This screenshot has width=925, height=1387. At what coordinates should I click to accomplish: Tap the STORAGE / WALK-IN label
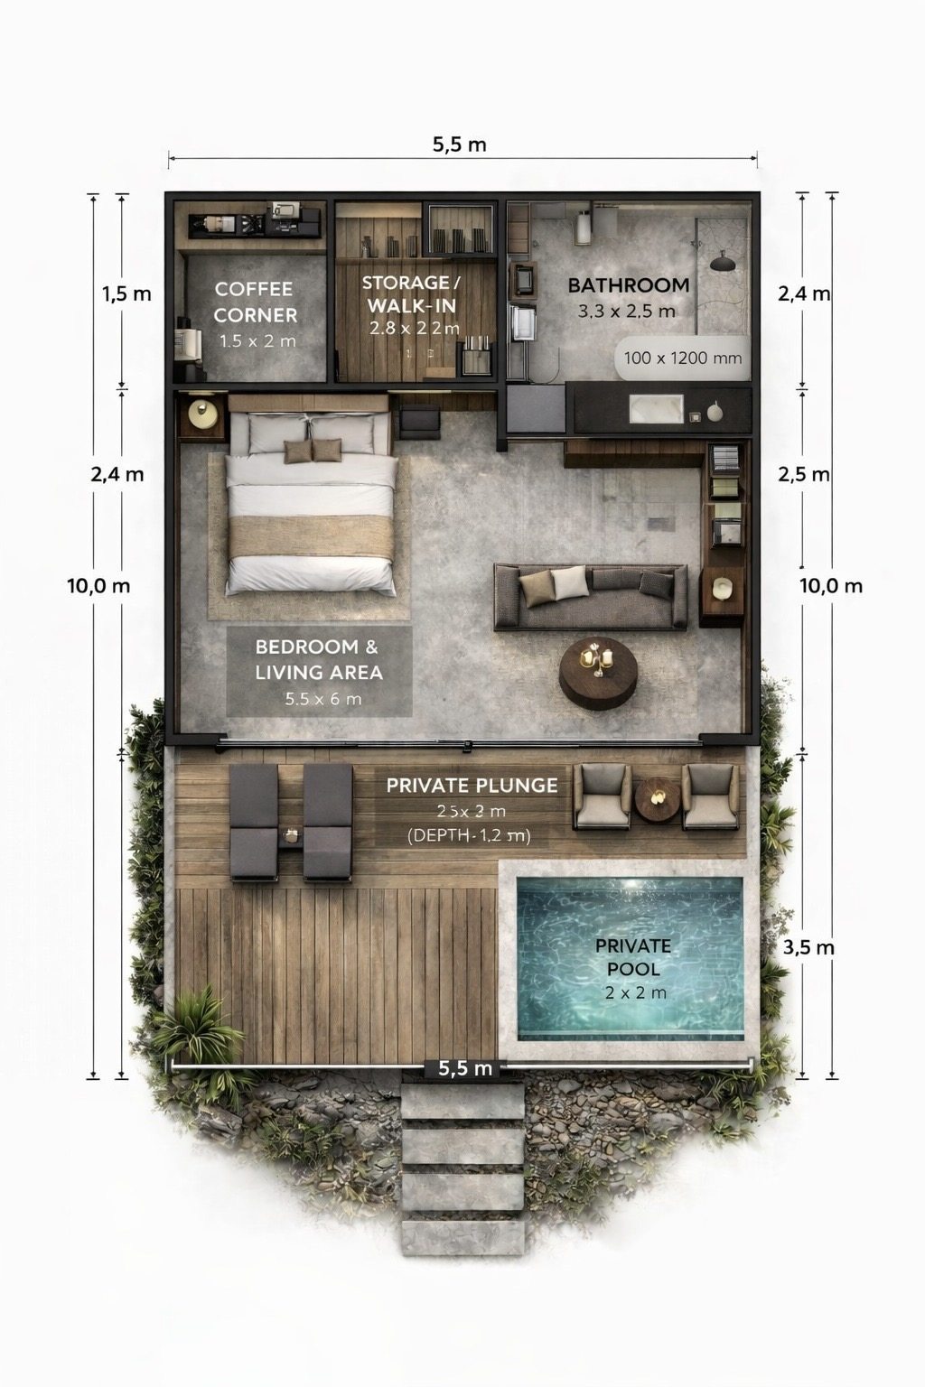tap(412, 294)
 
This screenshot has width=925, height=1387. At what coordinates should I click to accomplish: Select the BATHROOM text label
tap(628, 285)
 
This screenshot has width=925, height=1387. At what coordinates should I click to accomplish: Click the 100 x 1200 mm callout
tap(683, 358)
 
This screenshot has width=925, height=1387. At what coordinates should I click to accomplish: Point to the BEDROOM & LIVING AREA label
tap(318, 660)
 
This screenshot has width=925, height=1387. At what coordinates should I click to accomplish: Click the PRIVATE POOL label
tap(632, 958)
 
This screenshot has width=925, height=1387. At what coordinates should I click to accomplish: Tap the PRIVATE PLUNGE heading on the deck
tap(472, 786)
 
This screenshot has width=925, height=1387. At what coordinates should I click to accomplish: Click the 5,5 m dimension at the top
tap(459, 144)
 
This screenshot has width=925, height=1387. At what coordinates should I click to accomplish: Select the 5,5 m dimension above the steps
tap(465, 1068)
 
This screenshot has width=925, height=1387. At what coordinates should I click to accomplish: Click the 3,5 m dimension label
tap(808, 947)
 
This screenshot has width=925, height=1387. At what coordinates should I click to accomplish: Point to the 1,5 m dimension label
tap(126, 293)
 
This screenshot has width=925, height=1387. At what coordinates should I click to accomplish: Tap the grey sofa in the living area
tap(589, 597)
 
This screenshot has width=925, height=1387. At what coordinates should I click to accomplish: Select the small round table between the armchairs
tap(656, 798)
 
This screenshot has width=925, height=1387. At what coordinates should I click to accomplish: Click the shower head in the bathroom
tap(723, 263)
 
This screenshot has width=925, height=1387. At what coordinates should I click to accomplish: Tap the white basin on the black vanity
tap(656, 409)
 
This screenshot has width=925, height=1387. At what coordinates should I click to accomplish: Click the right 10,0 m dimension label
tap(830, 586)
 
